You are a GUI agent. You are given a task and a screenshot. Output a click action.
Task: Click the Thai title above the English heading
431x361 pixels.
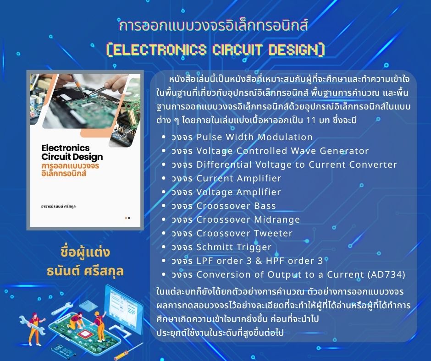click(213, 25)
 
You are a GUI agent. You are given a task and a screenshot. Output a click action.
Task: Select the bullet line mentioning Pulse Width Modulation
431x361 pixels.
click(242, 137)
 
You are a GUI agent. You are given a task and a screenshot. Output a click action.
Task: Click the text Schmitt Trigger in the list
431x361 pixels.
click(234, 247)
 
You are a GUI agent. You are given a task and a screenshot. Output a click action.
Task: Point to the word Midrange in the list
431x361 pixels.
click(277, 219)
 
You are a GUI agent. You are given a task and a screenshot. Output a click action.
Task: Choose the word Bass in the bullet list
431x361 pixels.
click(265, 206)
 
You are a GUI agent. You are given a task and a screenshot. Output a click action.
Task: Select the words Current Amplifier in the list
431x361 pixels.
click(239, 178)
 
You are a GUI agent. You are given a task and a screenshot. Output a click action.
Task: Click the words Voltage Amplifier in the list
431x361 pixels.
click(238, 192)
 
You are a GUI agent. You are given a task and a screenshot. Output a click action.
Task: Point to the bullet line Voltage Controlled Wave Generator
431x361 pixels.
click(270, 151)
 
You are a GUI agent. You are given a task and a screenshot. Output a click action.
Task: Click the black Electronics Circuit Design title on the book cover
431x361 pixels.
click(72, 152)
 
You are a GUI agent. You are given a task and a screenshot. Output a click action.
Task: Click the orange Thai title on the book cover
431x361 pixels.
click(70, 170)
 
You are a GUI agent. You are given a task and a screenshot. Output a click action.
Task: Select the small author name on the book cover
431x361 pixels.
click(58, 206)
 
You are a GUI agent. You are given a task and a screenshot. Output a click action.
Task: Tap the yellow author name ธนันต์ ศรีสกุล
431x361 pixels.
click(85, 271)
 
